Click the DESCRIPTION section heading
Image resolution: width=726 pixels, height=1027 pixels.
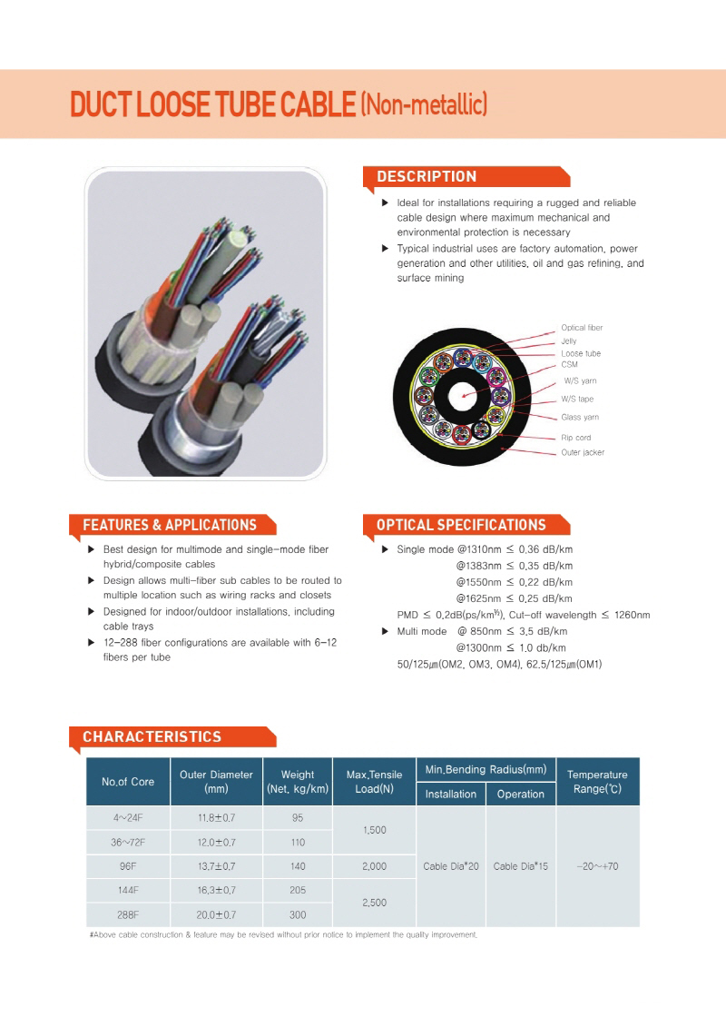[x=427, y=176]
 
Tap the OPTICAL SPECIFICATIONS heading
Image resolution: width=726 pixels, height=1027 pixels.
[x=461, y=525]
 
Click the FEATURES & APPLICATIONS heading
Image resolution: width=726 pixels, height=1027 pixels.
[x=170, y=525]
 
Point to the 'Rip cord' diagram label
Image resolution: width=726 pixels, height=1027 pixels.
[x=576, y=438]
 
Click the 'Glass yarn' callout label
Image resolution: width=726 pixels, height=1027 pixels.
[x=580, y=417]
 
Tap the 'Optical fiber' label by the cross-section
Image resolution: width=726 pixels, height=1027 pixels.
[x=582, y=328]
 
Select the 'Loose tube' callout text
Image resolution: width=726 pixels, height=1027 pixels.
[x=581, y=353]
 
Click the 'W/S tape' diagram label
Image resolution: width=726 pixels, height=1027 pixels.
[x=577, y=399]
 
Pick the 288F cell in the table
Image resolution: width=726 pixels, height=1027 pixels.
[x=128, y=914]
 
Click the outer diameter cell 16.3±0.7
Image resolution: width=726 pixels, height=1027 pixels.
[x=217, y=890]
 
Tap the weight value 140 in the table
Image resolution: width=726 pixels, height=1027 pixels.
[x=298, y=866]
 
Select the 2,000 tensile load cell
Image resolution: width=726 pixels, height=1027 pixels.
[x=375, y=866]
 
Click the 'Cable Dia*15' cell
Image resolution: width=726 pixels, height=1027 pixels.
[x=520, y=866]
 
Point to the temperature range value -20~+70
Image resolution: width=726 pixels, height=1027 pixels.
[x=598, y=866]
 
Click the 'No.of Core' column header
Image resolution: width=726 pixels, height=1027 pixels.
[x=128, y=782]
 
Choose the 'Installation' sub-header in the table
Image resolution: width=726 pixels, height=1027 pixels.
[x=451, y=794]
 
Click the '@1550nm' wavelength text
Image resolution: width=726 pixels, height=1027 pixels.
[x=478, y=582]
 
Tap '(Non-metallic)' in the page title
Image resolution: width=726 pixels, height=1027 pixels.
[x=424, y=104]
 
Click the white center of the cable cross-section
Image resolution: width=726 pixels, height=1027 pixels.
[x=464, y=396]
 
